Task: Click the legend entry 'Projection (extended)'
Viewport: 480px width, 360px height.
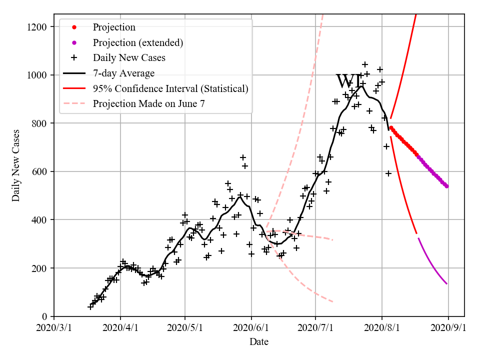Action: pos(138,43)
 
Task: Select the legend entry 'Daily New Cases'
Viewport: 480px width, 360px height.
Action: pos(129,58)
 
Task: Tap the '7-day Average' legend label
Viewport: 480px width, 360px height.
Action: pos(123,73)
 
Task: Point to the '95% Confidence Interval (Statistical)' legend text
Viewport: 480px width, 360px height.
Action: pos(170,89)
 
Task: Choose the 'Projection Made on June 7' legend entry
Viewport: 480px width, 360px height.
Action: pos(149,104)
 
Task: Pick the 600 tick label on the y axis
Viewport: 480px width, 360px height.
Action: pos(39,171)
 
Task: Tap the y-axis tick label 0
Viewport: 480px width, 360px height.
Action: pos(45,316)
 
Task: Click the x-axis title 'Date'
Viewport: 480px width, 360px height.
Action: pos(259,342)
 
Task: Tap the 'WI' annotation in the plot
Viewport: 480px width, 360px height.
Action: pos(348,81)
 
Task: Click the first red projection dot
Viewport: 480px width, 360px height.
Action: pos(391,127)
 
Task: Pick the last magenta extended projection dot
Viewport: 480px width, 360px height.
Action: pos(446,186)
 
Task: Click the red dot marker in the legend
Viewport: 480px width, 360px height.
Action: pos(74,27)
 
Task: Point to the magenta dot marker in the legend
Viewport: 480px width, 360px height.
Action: pos(74,43)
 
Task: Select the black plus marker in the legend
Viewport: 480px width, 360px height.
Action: pos(74,58)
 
